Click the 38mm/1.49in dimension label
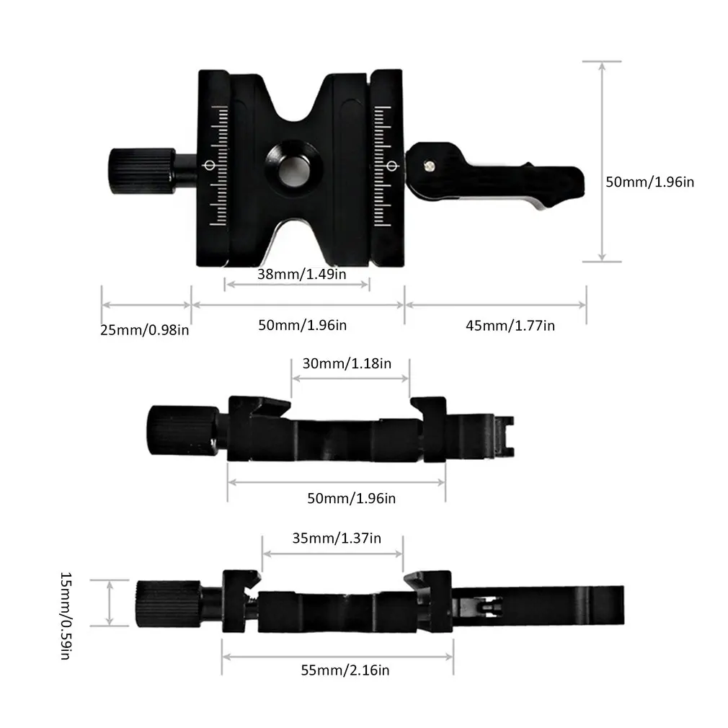(296, 274)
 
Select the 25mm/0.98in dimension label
(145, 330)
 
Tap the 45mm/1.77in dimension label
(510, 325)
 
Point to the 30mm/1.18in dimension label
(347, 363)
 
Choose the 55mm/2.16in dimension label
(345, 670)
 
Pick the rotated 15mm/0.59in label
(65, 617)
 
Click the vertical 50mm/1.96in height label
(649, 182)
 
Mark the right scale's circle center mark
(393, 167)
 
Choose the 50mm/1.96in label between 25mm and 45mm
(302, 325)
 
